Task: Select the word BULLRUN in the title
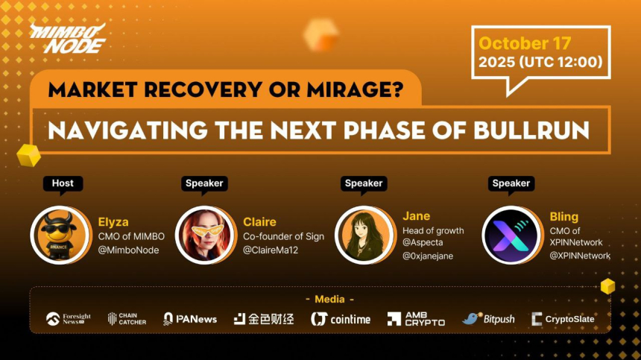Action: [x=531, y=130]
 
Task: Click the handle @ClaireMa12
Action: [x=271, y=250]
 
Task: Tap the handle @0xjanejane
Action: [x=428, y=256]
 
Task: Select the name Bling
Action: [x=563, y=217]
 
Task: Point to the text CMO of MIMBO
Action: [x=128, y=236]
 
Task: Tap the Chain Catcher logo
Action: [x=127, y=319]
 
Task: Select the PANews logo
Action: [x=190, y=319]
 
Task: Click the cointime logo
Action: [x=340, y=319]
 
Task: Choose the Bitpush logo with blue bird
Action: [x=488, y=319]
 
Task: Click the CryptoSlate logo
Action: [x=563, y=319]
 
